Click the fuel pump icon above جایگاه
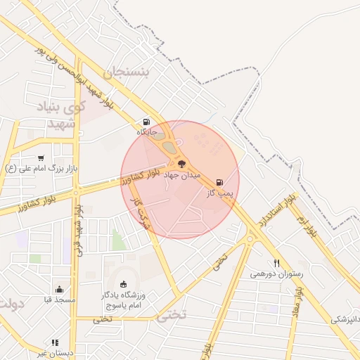[x=146, y=122]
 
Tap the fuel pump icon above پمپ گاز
[x=221, y=182]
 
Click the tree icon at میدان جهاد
[x=182, y=164]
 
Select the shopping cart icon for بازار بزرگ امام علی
[x=41, y=158]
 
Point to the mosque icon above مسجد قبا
[x=58, y=289]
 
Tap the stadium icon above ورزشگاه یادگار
[x=124, y=284]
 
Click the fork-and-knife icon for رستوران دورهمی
[x=277, y=263]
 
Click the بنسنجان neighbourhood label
[x=127, y=72]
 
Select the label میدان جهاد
[x=182, y=174]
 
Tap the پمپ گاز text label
[x=220, y=192]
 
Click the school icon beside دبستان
[x=55, y=343]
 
